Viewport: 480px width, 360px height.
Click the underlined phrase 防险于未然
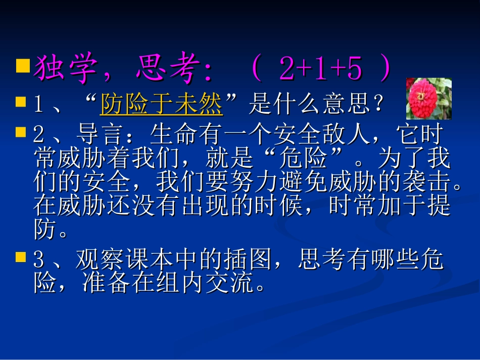[161, 105]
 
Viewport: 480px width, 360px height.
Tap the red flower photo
[428, 98]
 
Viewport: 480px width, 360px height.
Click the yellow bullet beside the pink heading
[22, 65]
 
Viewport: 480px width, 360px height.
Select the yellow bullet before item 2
[21, 132]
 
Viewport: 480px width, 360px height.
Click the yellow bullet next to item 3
[21, 258]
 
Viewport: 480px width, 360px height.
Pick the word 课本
[152, 261]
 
